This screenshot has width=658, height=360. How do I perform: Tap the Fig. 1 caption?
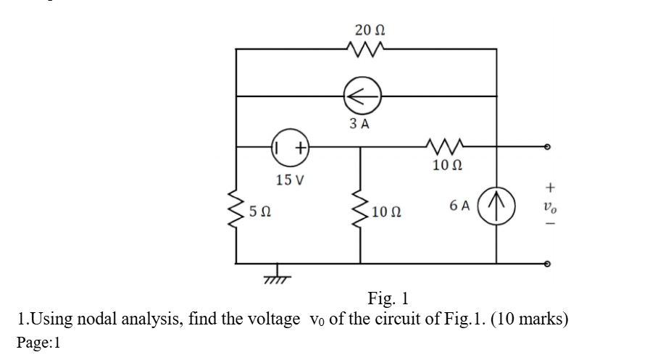pos(388,298)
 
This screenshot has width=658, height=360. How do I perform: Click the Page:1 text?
pos(41,342)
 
